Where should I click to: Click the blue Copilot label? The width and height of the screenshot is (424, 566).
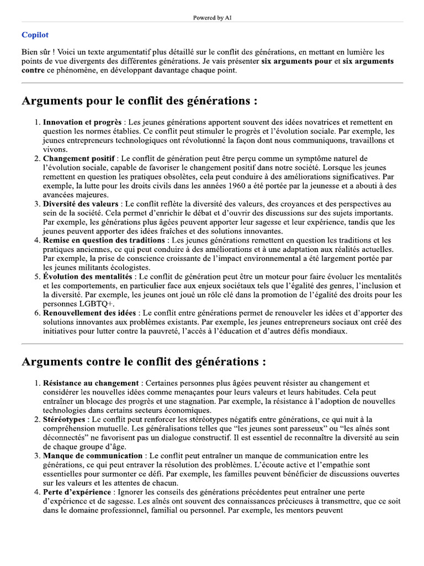pyautogui.click(x=35, y=35)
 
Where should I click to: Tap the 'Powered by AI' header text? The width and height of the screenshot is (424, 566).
pyautogui.click(x=212, y=18)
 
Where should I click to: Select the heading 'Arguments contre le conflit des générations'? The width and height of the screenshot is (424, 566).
pyautogui.click(x=144, y=362)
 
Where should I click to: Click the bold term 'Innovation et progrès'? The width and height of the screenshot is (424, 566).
pyautogui.click(x=83, y=122)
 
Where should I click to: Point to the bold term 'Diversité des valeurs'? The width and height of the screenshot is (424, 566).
pyautogui.click(x=81, y=204)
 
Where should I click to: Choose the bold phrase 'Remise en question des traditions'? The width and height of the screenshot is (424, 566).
pyautogui.click(x=104, y=240)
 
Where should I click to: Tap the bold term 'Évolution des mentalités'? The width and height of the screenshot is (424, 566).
pyautogui.click(x=88, y=276)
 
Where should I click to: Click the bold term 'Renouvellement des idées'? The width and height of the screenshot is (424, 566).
pyautogui.click(x=90, y=313)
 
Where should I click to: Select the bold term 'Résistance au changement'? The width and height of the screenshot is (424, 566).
pyautogui.click(x=91, y=383)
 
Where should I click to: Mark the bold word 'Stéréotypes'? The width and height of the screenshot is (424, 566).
pyautogui.click(x=64, y=420)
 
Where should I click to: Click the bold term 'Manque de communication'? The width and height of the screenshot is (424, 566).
pyautogui.click(x=92, y=456)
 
